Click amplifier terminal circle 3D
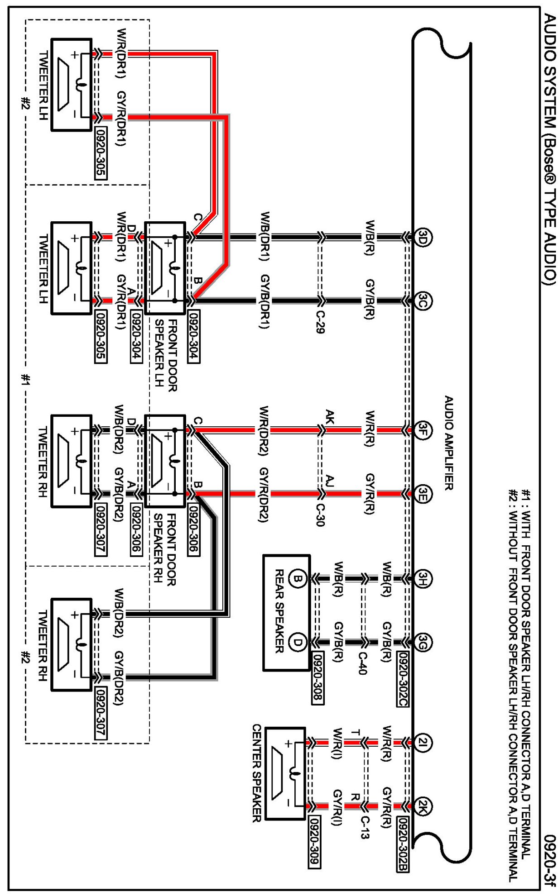[423, 237]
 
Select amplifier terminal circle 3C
[423, 301]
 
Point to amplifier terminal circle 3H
[423, 578]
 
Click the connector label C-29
[320, 322]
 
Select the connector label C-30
[320, 515]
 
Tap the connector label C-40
[362, 663]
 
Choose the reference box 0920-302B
[403, 844]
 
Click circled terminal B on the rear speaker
[297, 578]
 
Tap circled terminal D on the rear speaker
[297, 642]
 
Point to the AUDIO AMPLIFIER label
[448, 443]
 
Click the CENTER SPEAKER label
[257, 773]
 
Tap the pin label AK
[330, 416]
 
